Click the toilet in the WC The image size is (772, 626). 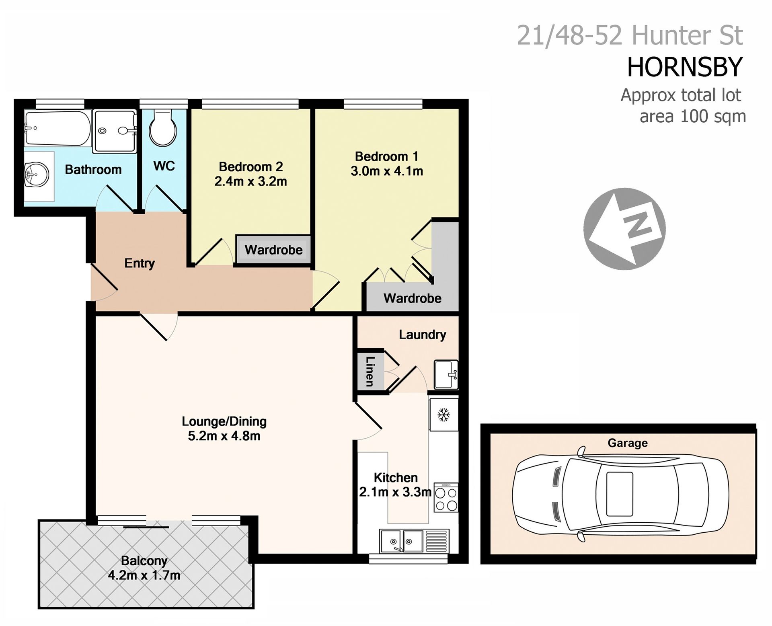pyautogui.click(x=162, y=128)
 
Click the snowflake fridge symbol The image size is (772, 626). pyautogui.click(x=443, y=415)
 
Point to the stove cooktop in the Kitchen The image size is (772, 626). pyautogui.click(x=446, y=497)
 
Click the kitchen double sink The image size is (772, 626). pyautogui.click(x=414, y=541)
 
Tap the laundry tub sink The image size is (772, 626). pyautogui.click(x=446, y=374)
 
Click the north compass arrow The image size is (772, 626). pyautogui.click(x=624, y=228)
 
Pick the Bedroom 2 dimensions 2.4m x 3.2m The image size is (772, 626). pyautogui.click(x=250, y=181)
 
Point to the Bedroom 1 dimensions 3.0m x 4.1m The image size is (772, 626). pyautogui.click(x=387, y=171)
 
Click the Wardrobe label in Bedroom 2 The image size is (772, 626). pyautogui.click(x=273, y=250)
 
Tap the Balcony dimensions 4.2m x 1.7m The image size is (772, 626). pyautogui.click(x=144, y=575)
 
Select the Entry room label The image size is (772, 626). pyautogui.click(x=140, y=263)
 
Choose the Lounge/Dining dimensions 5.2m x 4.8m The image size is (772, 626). pyautogui.click(x=224, y=436)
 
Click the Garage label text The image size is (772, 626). pyautogui.click(x=627, y=443)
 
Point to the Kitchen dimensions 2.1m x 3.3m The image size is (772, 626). pyautogui.click(x=395, y=492)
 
